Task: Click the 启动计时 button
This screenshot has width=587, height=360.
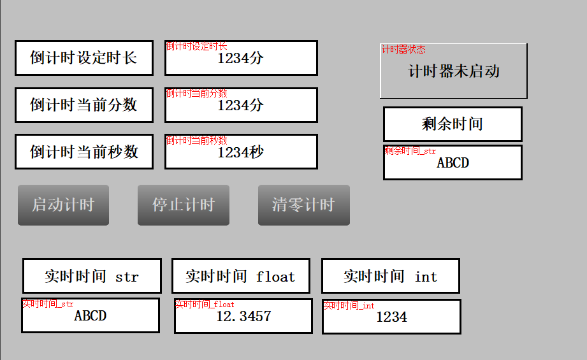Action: pos(63,205)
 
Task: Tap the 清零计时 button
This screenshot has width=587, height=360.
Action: pos(303,205)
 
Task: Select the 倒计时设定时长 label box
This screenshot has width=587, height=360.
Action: pos(84,58)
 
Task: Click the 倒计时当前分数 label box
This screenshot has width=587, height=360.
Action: pos(84,105)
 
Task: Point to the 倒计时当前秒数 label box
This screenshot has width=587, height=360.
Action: pos(84,152)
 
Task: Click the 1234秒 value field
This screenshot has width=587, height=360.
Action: pos(241,152)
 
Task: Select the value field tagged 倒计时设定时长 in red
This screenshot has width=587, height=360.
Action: pos(241,59)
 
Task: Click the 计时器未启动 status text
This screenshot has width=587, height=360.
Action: pos(454,71)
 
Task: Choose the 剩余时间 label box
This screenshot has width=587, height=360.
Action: pos(453,124)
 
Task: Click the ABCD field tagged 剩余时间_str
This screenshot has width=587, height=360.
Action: pos(453,163)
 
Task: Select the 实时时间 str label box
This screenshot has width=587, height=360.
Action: pos(91,276)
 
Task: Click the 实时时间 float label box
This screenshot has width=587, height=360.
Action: pos(240,276)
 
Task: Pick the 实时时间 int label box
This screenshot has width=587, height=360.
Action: pos(390,276)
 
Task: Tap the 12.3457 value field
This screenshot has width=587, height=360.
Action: pos(243,316)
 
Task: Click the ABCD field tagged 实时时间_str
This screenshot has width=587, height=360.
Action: pos(91,315)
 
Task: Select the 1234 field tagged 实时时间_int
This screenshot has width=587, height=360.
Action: pos(391,317)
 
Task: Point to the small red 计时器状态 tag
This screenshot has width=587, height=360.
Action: pos(403,49)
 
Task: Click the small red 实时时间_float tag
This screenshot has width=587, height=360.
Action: pos(205,304)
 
